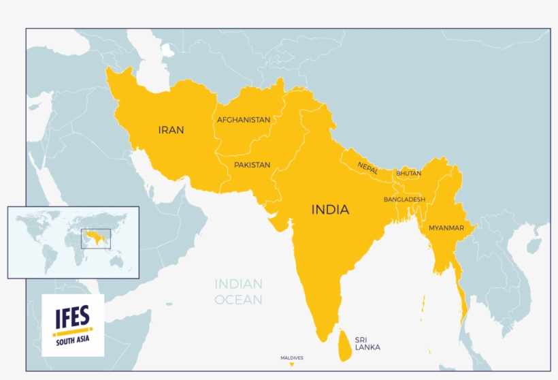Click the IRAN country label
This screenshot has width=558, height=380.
click(171, 129)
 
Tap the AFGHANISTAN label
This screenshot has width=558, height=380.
click(243, 120)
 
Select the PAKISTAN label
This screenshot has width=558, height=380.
click(252, 165)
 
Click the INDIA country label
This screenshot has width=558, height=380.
click(330, 210)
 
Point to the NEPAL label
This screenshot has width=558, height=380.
click(367, 168)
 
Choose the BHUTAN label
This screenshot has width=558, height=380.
click(408, 174)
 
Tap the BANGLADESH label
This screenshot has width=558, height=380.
click(404, 200)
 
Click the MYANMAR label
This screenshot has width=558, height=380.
click(446, 227)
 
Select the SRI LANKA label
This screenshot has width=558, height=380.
click(367, 343)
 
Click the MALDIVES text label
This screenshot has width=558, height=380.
click(292, 358)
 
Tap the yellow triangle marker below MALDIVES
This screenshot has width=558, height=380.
click(292, 365)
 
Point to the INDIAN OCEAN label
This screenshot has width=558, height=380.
click(239, 291)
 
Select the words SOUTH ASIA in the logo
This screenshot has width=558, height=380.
click(72, 341)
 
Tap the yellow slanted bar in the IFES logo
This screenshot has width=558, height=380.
click(72, 332)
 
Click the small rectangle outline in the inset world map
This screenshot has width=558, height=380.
click(95, 238)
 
